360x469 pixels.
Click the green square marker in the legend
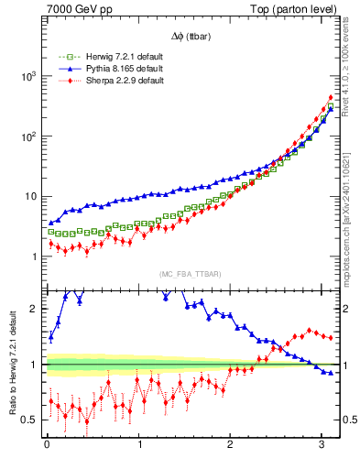tap(65, 57)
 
